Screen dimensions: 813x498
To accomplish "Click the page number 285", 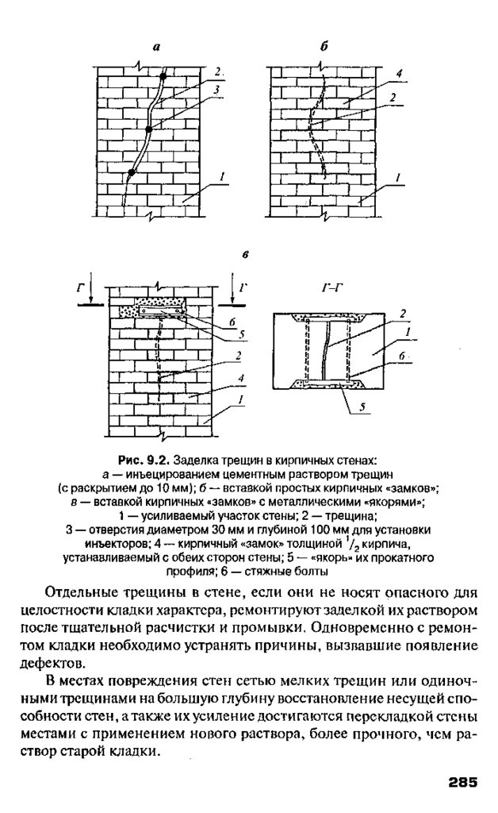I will tap(461, 781).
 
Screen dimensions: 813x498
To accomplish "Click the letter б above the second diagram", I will tap(324, 49).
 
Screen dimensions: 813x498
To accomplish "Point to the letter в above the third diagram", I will tap(246, 256).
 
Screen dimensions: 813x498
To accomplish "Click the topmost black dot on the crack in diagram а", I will tap(163, 77).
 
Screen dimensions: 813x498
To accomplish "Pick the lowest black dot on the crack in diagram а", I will tap(132, 171).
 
